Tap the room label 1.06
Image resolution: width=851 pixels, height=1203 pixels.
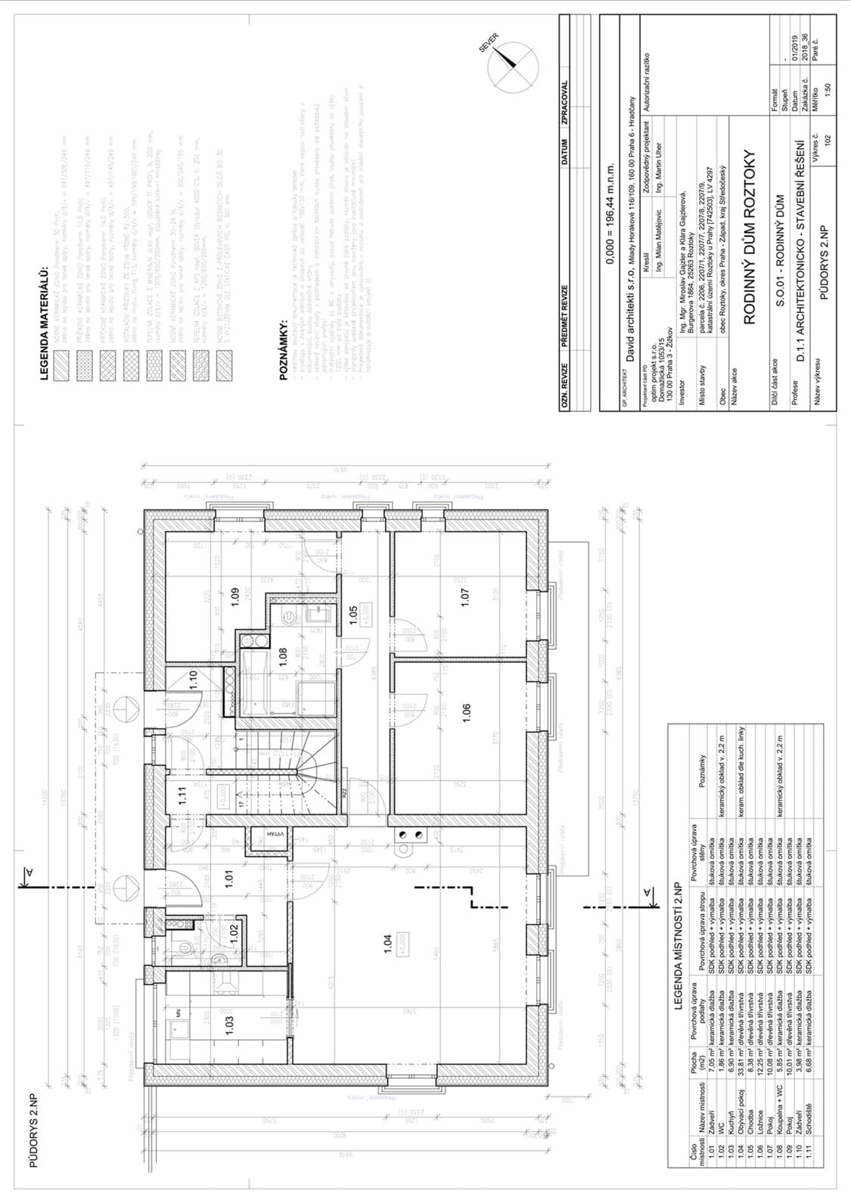pyautogui.click(x=466, y=712)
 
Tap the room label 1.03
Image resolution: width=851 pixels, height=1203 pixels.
pyautogui.click(x=230, y=1025)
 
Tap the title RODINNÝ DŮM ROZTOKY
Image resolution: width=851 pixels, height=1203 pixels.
pyautogui.click(x=750, y=239)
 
